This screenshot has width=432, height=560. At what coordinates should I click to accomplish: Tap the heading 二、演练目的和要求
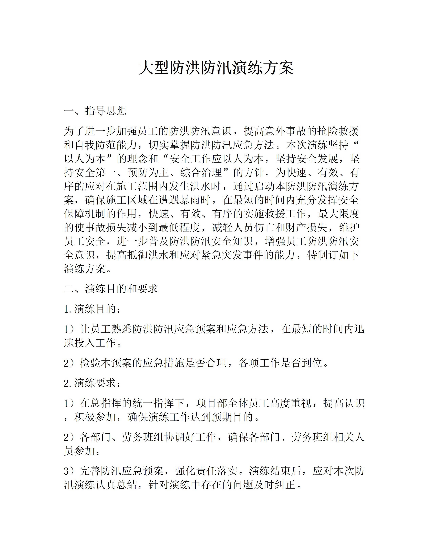111,289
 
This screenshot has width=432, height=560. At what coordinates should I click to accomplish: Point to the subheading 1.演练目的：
92,309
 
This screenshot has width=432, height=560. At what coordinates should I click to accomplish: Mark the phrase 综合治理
201,173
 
